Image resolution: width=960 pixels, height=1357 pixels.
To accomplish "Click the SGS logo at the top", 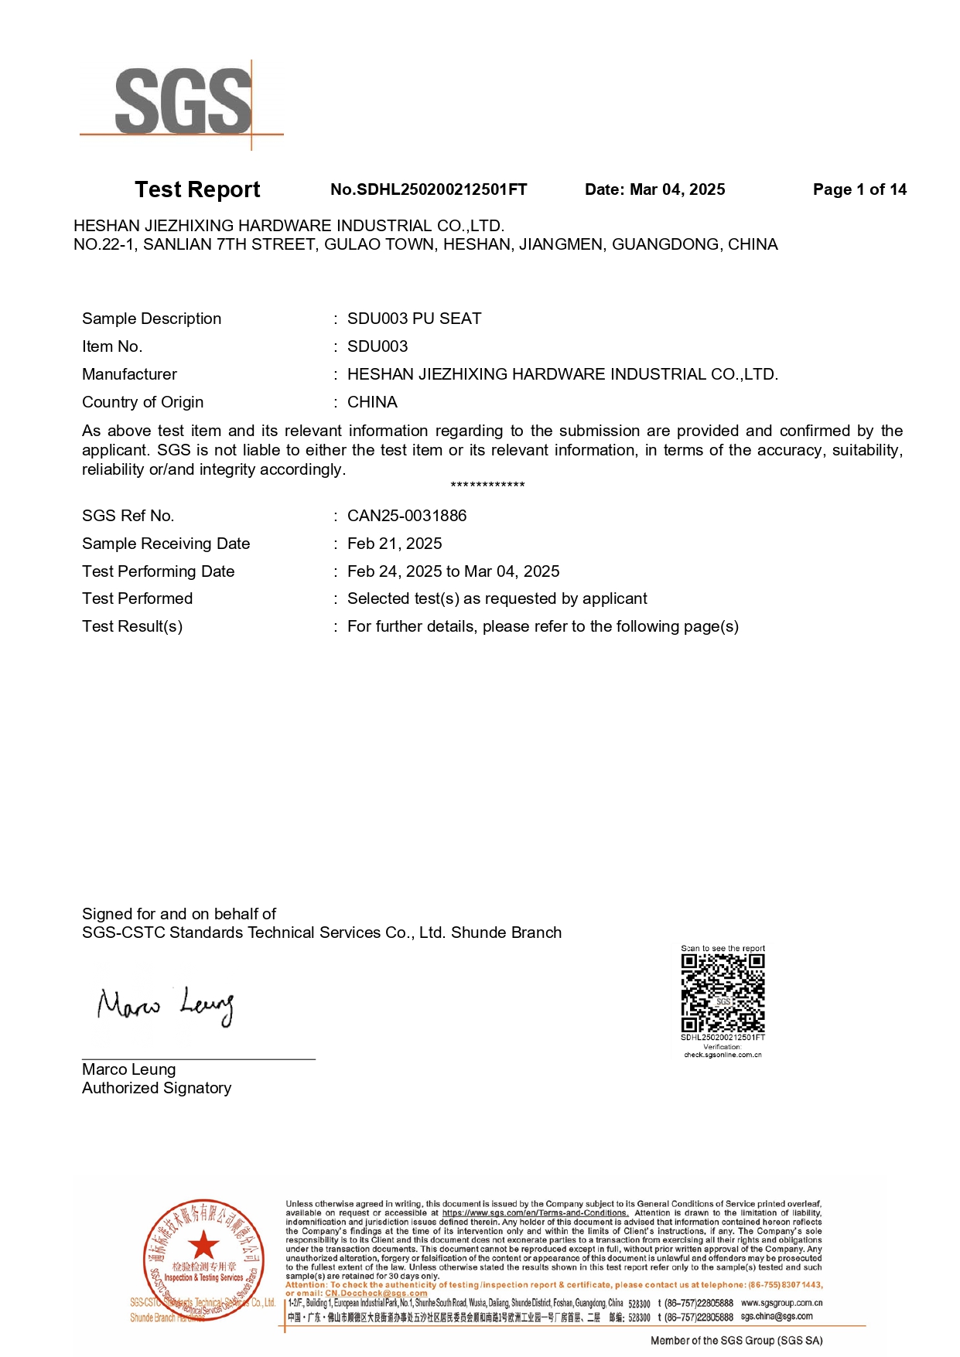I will (183, 103).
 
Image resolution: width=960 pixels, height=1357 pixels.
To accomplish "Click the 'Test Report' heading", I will (197, 189).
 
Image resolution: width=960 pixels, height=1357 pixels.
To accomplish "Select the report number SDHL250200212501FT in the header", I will (429, 189).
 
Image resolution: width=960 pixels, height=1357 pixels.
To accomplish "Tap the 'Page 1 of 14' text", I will (859, 189).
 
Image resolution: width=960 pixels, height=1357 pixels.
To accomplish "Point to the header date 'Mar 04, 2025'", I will (677, 189).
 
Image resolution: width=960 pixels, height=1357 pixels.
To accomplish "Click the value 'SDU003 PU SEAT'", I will (414, 319).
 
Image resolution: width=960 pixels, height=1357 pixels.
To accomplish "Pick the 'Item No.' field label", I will (112, 346).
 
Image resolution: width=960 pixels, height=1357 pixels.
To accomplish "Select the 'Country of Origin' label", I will (142, 402).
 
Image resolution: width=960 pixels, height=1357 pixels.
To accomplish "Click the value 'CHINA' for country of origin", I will (372, 402).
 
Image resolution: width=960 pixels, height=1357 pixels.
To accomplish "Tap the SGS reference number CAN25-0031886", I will (407, 516).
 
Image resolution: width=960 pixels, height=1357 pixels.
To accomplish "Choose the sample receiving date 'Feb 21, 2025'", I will (395, 544).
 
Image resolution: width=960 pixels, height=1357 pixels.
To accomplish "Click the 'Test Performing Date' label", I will (158, 571).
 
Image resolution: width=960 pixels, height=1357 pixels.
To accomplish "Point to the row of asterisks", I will (487, 486).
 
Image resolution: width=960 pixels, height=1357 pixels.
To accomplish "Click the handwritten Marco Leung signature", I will (165, 1006).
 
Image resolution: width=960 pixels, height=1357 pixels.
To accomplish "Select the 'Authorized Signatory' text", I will (156, 1088).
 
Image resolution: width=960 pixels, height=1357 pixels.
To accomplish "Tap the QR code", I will (723, 993).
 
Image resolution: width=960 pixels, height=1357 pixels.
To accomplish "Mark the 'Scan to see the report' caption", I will (723, 948).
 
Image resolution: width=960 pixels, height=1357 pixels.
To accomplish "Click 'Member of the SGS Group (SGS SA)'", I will (736, 1341).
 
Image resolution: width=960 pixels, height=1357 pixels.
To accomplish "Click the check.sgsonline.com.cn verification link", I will (723, 1055).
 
